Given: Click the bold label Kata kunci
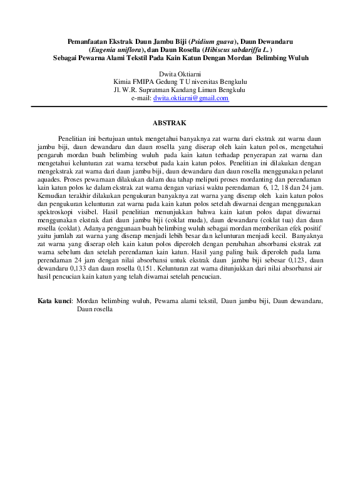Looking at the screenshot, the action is pyautogui.click(x=54, y=301).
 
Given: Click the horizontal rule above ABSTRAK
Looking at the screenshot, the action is pyautogui.click(x=180, y=106).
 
